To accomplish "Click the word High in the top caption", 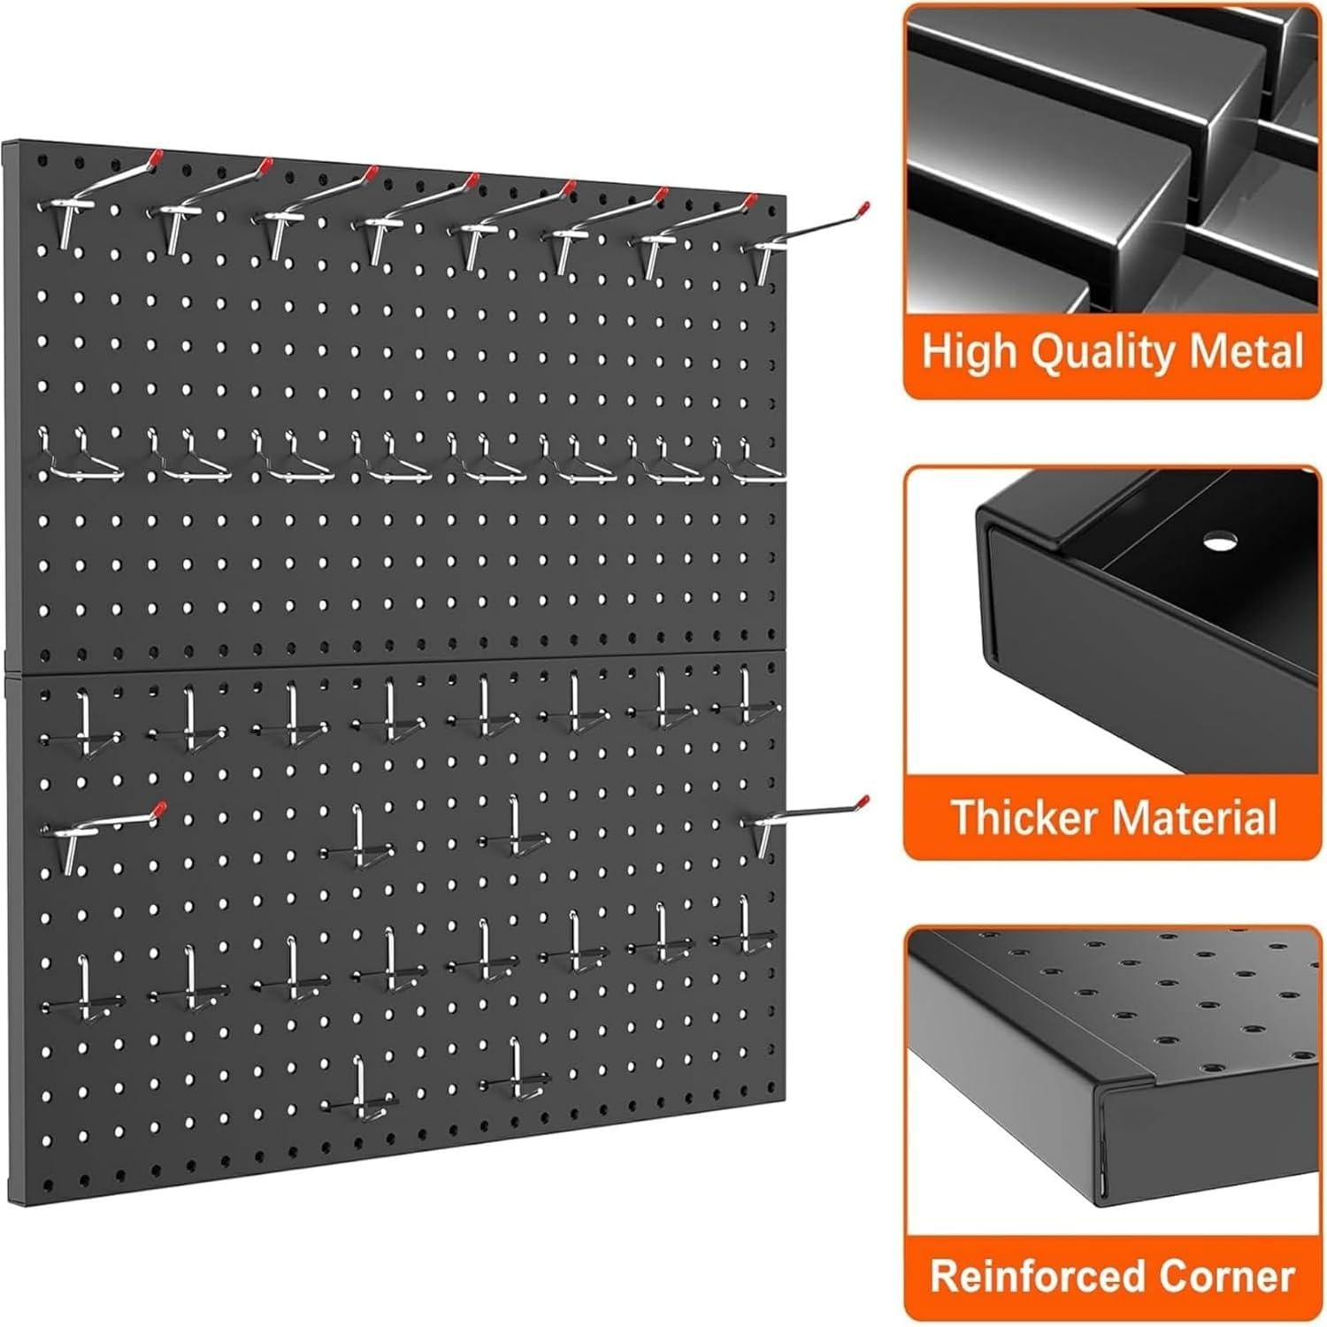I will (x=969, y=352).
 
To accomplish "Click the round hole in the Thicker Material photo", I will (x=1220, y=539).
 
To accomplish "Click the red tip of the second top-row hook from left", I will (x=264, y=165).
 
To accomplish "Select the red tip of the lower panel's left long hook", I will (x=159, y=807).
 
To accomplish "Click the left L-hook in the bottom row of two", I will (x=361, y=1088).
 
